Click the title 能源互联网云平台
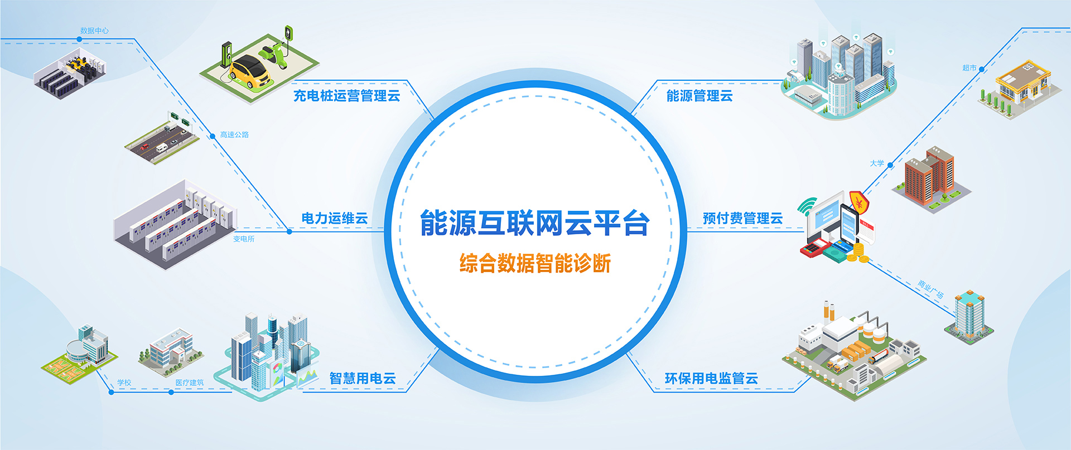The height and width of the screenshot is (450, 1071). click(534, 223)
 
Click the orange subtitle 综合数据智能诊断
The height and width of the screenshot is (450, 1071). click(535, 263)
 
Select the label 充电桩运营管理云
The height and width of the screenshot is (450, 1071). click(347, 96)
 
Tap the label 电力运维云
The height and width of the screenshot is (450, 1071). click(335, 219)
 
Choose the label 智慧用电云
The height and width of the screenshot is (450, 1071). click(363, 379)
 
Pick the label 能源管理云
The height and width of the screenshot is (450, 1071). click(699, 96)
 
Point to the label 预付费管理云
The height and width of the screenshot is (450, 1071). click(742, 219)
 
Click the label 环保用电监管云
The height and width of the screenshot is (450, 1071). click(711, 379)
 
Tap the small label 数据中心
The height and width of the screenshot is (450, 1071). click(94, 31)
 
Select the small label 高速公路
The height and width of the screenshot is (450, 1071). click(234, 135)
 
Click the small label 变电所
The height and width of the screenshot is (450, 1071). click(244, 239)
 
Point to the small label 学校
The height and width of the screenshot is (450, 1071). click(124, 383)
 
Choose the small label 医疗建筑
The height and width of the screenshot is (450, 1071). click(190, 383)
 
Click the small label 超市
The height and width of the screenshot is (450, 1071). click(969, 68)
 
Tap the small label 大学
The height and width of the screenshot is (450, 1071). click(877, 163)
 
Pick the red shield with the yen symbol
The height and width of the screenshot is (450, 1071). click(860, 203)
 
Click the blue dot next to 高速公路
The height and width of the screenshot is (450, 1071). click(213, 136)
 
